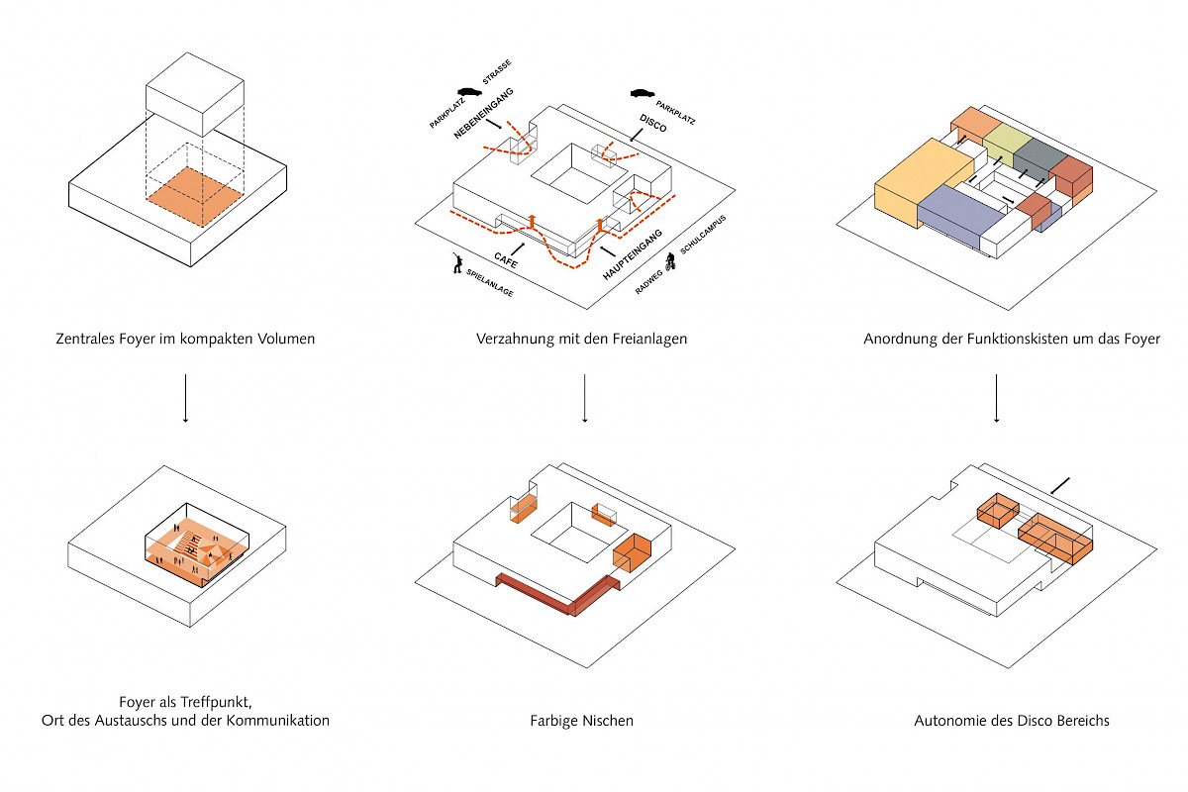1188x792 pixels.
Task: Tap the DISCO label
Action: pos(653,126)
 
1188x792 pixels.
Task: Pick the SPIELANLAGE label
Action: pos(489,285)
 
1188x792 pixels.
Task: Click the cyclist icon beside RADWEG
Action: pos(670,263)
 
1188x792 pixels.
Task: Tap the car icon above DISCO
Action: pos(643,94)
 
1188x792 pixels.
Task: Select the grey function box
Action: pos(1037,156)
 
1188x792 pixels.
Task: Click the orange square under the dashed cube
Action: pos(195,187)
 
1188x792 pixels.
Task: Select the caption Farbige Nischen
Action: pos(581,721)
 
